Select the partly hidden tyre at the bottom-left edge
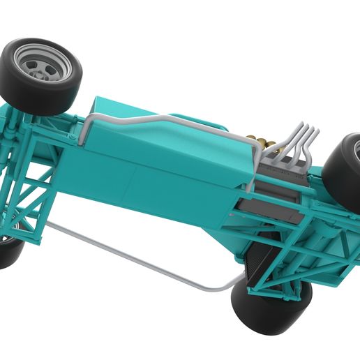(x=10, y=253)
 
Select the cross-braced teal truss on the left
(x=28, y=202)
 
